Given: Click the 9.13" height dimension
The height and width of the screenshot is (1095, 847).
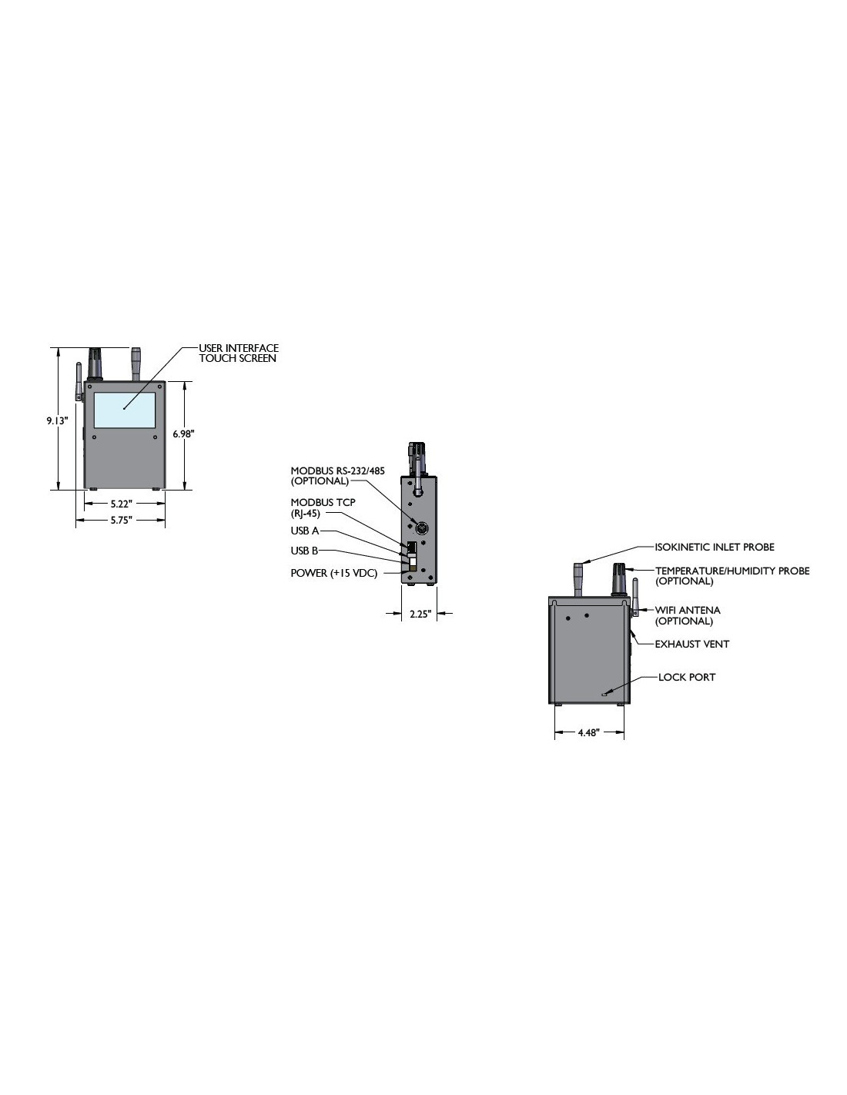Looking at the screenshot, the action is tap(58, 420).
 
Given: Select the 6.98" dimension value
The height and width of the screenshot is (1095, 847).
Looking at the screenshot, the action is tap(183, 434).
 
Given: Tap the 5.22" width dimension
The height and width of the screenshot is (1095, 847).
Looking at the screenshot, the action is tap(122, 504).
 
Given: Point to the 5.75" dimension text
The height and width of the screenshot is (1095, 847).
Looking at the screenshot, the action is tap(122, 520).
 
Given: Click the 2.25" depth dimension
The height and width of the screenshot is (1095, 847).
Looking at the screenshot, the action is tap(420, 614).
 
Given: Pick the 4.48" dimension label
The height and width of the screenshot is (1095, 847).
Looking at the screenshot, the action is tap(588, 732).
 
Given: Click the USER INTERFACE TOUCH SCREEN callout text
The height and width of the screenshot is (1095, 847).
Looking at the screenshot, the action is tap(239, 353).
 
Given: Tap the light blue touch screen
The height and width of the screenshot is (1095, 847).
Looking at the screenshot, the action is tap(125, 410).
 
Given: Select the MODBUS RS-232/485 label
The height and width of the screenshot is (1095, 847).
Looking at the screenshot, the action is tap(337, 470).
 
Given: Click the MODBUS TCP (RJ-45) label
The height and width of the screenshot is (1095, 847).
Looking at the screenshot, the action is tap(323, 507).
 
